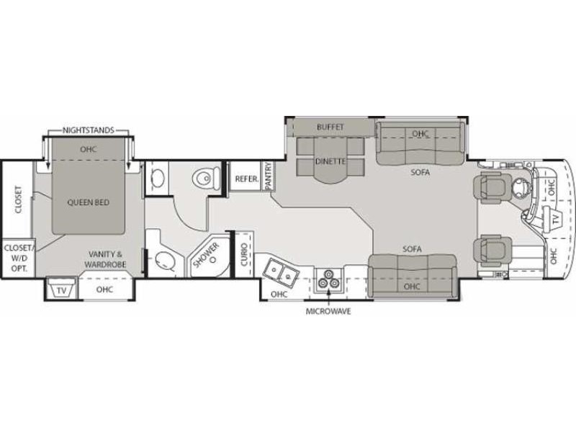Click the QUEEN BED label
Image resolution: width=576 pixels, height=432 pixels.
(89, 202)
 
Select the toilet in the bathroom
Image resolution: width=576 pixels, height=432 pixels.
(206, 177)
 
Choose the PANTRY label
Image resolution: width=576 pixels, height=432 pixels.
(268, 176)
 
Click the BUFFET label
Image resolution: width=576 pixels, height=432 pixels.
(330, 127)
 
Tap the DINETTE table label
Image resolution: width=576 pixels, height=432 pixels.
(330, 162)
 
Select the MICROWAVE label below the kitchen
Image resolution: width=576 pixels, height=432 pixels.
(328, 311)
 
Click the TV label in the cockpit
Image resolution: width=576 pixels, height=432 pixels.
(554, 217)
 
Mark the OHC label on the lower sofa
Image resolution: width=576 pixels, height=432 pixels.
(413, 287)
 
